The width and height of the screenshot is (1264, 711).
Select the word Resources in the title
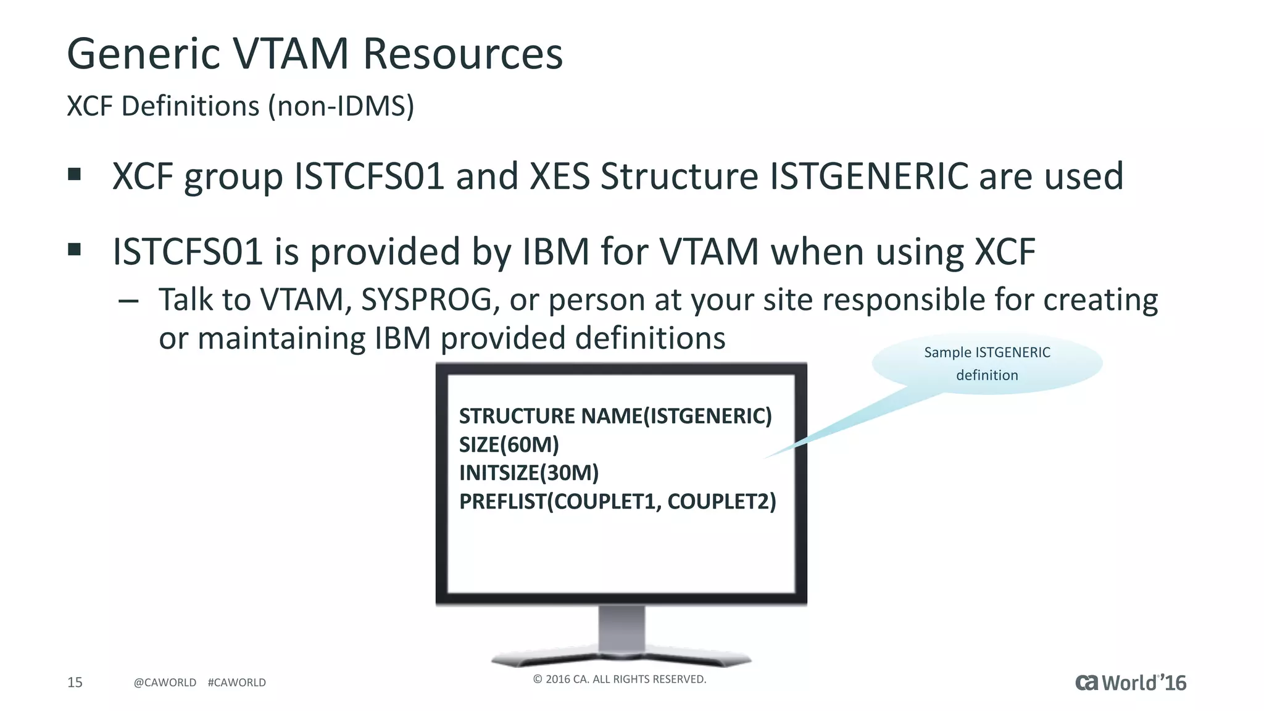point(463,54)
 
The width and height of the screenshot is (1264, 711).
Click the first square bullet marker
point(75,175)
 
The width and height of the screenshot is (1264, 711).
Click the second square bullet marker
point(75,250)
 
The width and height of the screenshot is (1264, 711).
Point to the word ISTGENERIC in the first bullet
point(868,177)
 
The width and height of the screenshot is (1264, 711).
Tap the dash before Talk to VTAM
point(128,302)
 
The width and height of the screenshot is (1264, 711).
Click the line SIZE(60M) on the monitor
point(509,444)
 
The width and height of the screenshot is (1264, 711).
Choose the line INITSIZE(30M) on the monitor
point(529,473)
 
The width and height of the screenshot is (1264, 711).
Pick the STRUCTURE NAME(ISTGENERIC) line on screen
point(615,416)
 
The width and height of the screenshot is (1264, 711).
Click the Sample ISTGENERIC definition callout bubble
point(987,364)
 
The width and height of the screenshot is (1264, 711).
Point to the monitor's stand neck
point(622,628)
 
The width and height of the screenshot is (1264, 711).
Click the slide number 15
point(75,682)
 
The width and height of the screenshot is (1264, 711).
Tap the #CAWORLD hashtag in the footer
point(237,683)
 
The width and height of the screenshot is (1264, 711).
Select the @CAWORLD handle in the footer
point(165,683)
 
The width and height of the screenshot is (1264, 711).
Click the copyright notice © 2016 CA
point(619,679)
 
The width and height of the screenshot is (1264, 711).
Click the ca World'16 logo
point(1131,683)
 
